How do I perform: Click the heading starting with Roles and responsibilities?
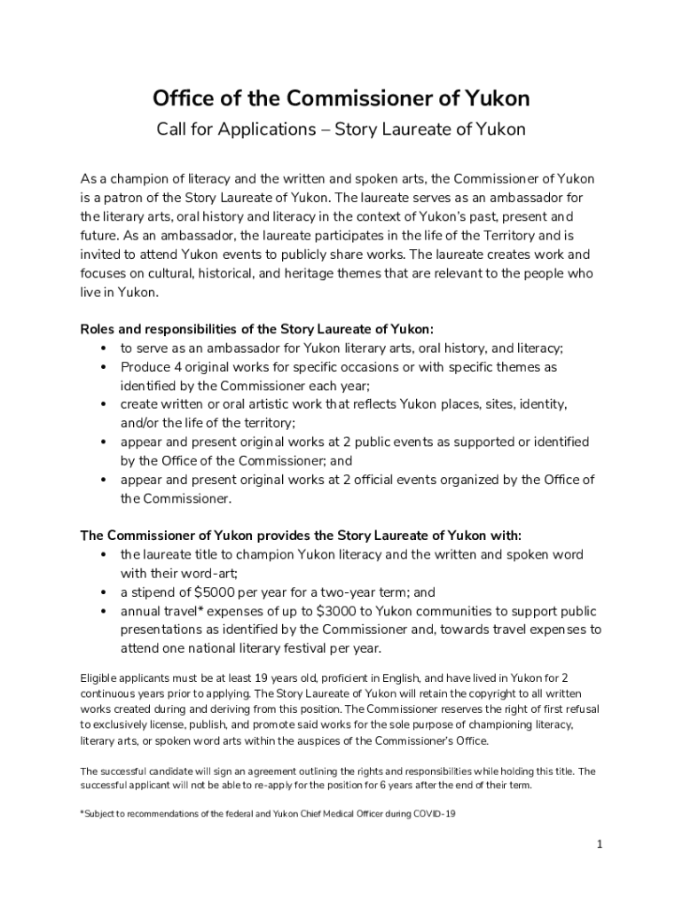tap(257, 329)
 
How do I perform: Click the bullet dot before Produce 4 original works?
tap(104, 367)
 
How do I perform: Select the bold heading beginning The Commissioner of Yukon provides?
tap(301, 536)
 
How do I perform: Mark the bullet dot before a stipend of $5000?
tap(104, 592)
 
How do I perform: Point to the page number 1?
tap(600, 844)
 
